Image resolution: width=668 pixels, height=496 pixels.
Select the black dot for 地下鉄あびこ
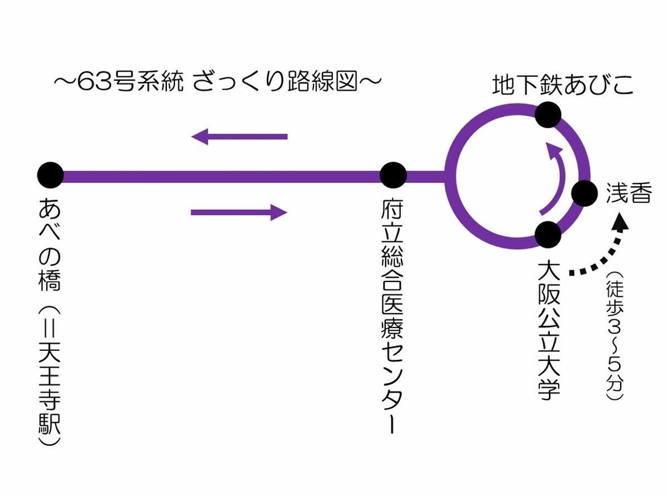(548, 115)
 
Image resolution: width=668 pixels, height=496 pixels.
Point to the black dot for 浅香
(584, 194)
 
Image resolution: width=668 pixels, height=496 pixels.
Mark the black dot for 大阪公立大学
(548, 234)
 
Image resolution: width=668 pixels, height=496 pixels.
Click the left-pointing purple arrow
(239, 136)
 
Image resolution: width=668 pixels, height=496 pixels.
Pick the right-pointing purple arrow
(239, 212)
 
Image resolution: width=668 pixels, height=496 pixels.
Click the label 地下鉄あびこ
(563, 85)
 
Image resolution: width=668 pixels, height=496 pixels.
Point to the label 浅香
(628, 194)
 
